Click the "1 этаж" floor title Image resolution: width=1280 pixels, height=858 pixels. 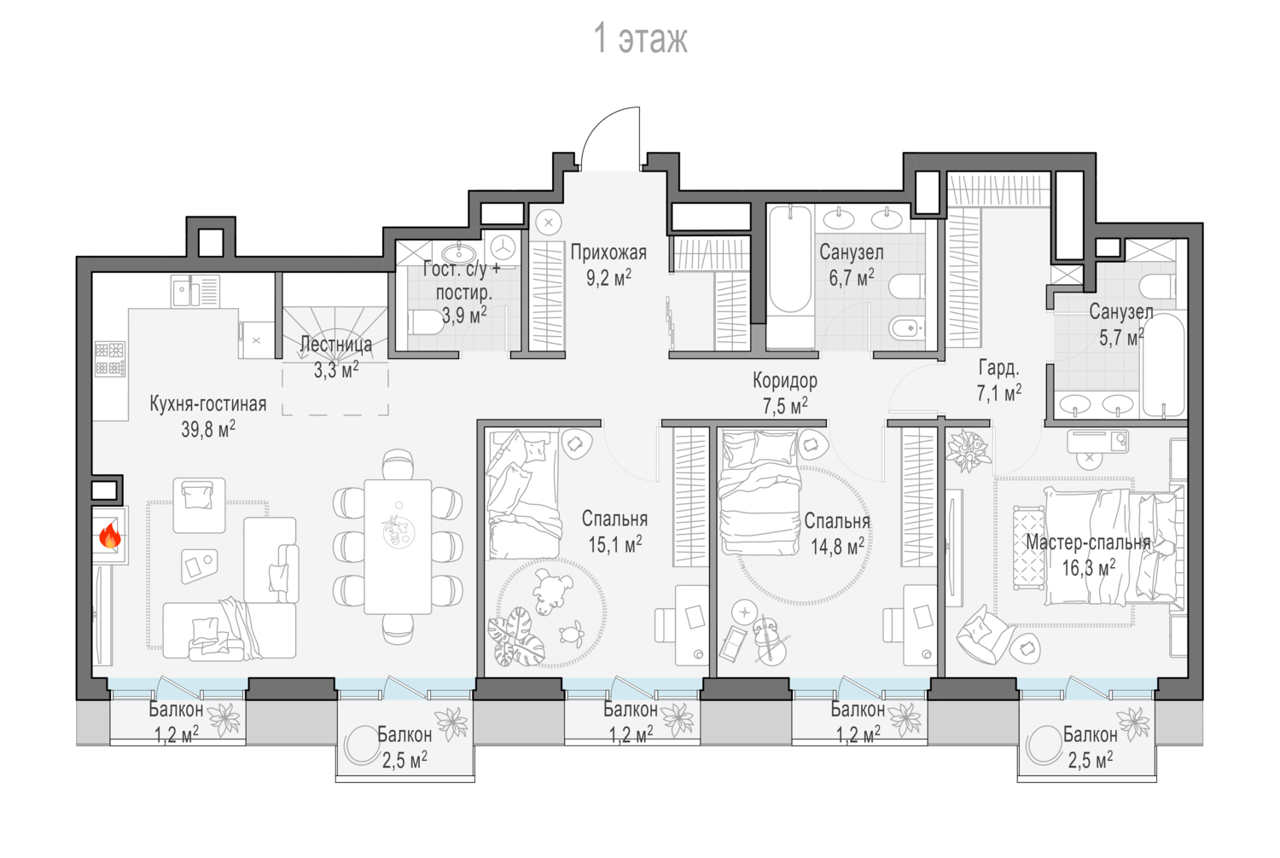tap(641, 39)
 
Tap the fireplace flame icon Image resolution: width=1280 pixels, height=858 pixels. tap(110, 536)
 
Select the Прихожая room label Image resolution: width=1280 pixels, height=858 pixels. tap(608, 252)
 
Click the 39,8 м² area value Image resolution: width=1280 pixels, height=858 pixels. tap(208, 429)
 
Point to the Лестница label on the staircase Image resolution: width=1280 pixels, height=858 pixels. tap(336, 344)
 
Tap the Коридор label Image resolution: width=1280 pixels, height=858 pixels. tap(784, 380)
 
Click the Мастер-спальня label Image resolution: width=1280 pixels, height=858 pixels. tap(1088, 542)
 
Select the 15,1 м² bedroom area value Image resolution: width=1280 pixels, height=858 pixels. tap(615, 544)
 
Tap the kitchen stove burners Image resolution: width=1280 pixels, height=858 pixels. tap(110, 359)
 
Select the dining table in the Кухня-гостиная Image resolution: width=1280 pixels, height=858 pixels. tap(398, 547)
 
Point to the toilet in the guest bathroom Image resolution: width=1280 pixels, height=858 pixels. tap(426, 323)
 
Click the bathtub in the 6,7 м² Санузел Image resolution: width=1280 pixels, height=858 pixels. tap(790, 267)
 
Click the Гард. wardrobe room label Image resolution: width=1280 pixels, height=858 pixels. tap(998, 368)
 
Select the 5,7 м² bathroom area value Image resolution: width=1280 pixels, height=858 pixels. tap(1121, 338)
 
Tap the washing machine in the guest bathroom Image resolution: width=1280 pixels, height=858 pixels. tap(503, 248)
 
